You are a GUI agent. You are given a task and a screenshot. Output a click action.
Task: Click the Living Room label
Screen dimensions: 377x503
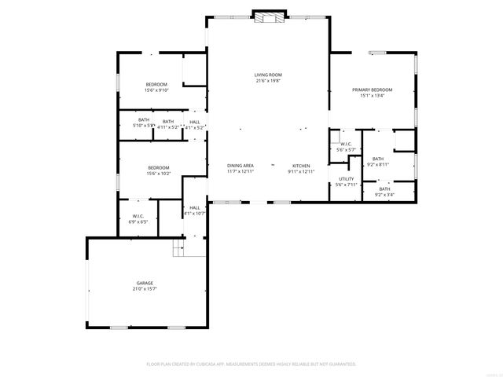(x=268, y=75)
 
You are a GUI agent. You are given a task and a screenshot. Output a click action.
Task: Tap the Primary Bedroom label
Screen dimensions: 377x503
(x=372, y=90)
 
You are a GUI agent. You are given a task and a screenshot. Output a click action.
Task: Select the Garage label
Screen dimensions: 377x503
(x=145, y=283)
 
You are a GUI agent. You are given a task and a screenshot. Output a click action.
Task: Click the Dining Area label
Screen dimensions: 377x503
(x=240, y=166)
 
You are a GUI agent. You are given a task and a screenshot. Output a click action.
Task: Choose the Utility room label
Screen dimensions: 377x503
(x=346, y=179)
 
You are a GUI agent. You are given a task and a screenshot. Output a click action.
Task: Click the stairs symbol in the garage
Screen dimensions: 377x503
(x=178, y=249)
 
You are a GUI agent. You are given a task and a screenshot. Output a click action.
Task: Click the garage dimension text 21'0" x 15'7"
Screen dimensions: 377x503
(x=145, y=288)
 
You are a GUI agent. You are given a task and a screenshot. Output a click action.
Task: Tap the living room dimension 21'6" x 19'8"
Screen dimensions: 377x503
(x=268, y=81)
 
